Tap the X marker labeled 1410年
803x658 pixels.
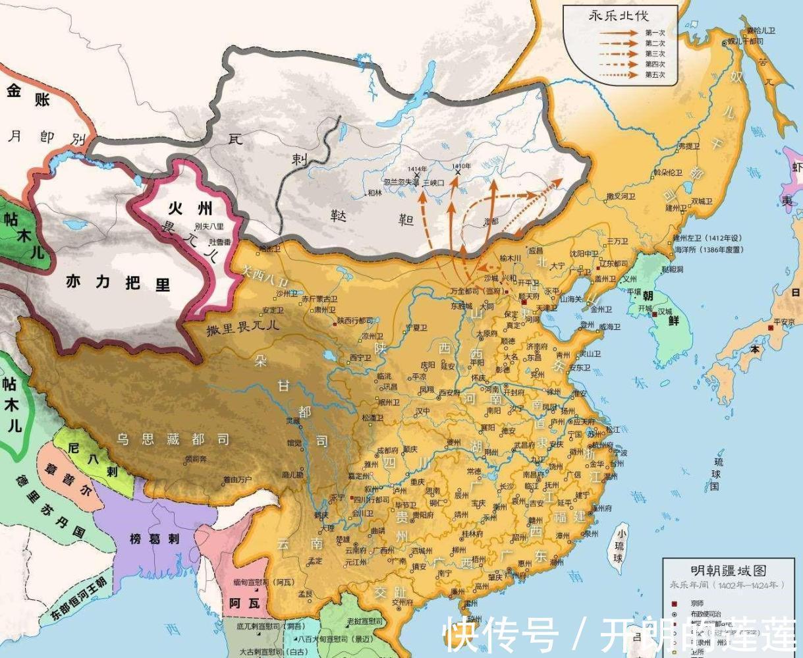(458, 173)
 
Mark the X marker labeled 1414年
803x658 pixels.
(417, 175)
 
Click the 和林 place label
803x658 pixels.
(374, 192)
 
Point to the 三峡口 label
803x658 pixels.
(433, 182)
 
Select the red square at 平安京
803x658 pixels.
(769, 327)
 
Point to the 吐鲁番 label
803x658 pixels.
(221, 242)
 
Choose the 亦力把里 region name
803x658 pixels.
(118, 283)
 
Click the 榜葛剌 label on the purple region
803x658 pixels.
(155, 538)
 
